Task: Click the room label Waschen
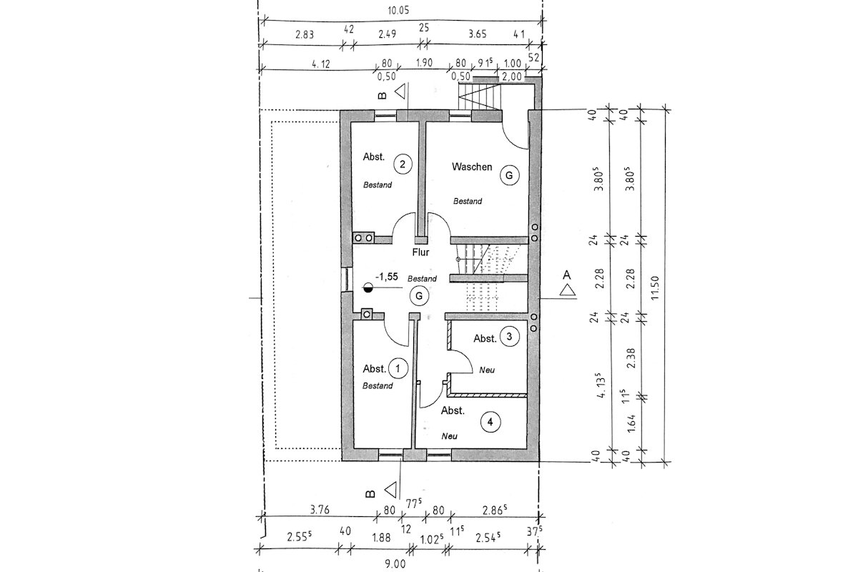[472, 167]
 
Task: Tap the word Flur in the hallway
[420, 252]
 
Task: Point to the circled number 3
[508, 336]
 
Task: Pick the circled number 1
[398, 369]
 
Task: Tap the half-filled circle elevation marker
[368, 289]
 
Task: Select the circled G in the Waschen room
[509, 174]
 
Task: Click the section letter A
[567, 275]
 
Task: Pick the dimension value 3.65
[478, 33]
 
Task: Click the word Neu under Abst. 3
[488, 370]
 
